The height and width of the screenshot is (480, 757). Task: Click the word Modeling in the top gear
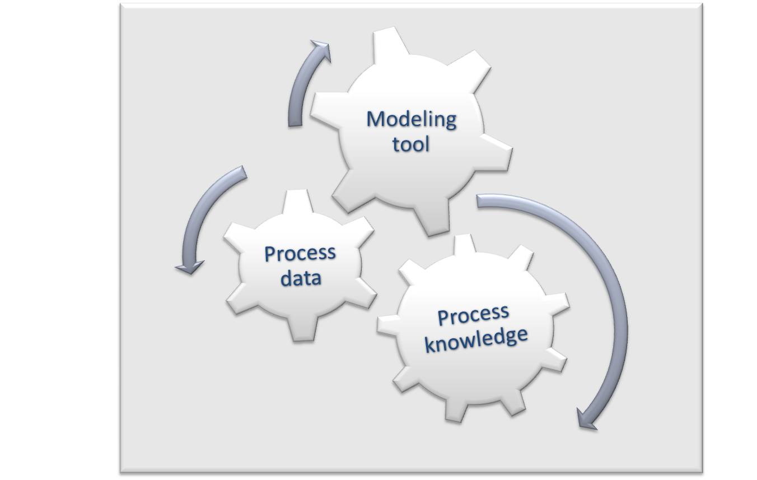tap(411, 120)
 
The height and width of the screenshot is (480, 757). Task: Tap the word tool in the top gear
tap(410, 145)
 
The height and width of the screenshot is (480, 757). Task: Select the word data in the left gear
tap(301, 277)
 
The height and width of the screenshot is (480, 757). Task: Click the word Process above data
tap(300, 253)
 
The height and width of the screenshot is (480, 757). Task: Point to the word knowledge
tap(476, 339)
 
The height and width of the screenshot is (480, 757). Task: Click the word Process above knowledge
tap(473, 315)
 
